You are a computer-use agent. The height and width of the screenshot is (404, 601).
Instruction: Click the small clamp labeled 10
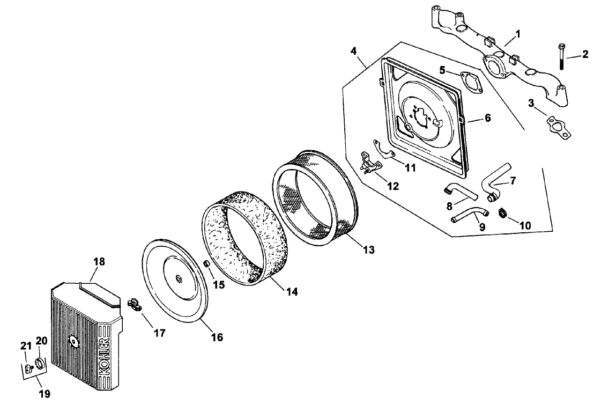503,212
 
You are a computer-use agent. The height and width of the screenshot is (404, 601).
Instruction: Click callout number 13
368,249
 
